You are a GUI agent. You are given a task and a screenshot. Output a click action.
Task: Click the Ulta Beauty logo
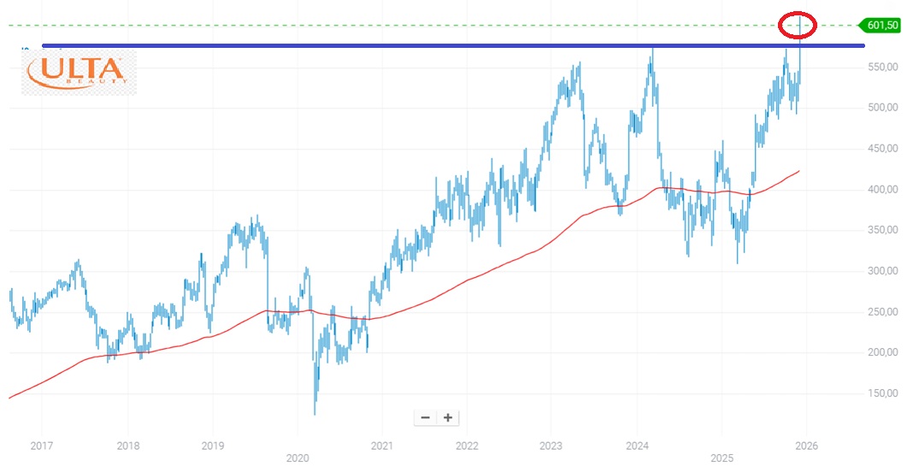pos(78,71)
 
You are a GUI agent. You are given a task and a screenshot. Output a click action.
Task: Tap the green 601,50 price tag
pos(881,25)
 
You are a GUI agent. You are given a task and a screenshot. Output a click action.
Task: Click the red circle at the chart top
pos(799,26)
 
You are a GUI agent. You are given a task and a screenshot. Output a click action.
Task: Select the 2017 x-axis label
pos(41,446)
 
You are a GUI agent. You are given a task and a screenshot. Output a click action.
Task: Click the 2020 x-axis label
pos(297,459)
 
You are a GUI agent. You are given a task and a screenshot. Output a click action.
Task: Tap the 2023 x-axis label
pos(551,446)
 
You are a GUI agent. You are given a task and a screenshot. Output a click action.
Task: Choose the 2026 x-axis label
pos(804,446)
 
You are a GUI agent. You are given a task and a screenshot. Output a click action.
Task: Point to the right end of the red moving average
pos(799,171)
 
